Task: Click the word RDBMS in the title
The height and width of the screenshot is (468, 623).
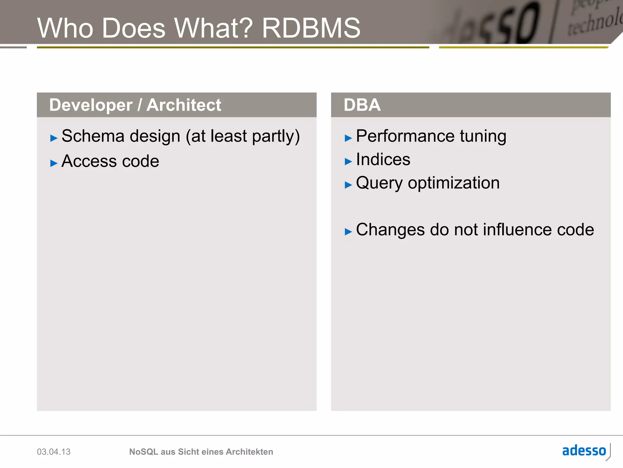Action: point(311,28)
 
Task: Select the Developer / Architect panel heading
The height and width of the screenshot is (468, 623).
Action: point(135,105)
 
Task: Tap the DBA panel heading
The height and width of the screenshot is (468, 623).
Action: point(362,105)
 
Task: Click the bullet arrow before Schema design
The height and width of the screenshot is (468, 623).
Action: point(54,138)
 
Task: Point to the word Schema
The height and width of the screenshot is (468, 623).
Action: point(93,136)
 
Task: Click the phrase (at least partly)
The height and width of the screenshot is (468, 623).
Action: point(243,136)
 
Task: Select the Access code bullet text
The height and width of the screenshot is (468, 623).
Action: point(110,161)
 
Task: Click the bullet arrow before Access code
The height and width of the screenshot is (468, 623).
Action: point(54,163)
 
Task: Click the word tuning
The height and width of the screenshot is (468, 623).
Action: point(483,136)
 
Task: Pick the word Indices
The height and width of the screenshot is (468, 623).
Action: point(383,159)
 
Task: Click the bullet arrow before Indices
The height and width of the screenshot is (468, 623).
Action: point(348,161)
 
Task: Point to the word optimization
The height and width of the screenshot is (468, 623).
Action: point(454,183)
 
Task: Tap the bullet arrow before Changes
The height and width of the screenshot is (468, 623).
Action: point(348,232)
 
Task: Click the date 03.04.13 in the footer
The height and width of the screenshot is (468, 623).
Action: point(54,452)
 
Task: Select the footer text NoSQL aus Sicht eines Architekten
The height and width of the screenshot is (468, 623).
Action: point(201,452)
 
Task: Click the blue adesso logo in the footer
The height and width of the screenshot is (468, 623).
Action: point(584,451)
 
